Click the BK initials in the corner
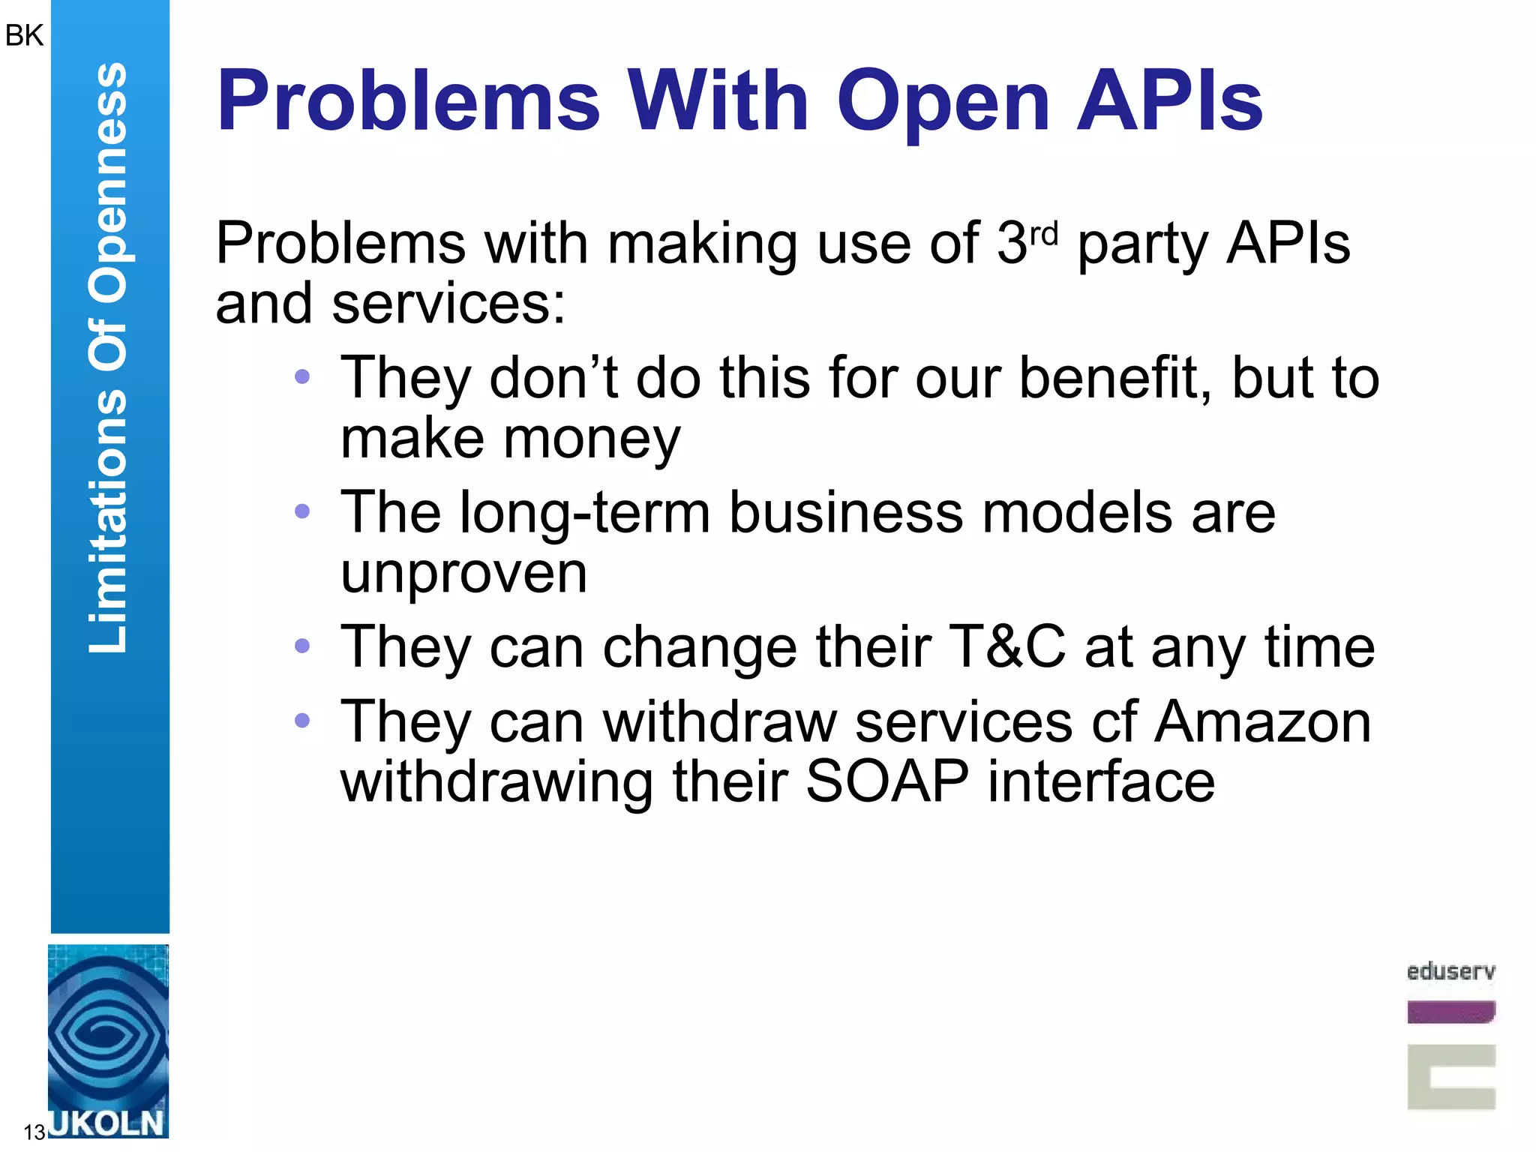tap(24, 35)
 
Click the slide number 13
tap(34, 1132)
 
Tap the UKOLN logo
tap(108, 1042)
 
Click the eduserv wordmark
tap(1450, 972)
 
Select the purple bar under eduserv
tap(1450, 1012)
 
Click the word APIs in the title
tap(1170, 101)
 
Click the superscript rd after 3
tap(1043, 234)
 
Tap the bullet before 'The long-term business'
tap(302, 511)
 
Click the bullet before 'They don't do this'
tap(302, 376)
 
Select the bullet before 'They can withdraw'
tap(302, 721)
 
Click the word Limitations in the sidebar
tap(108, 521)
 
